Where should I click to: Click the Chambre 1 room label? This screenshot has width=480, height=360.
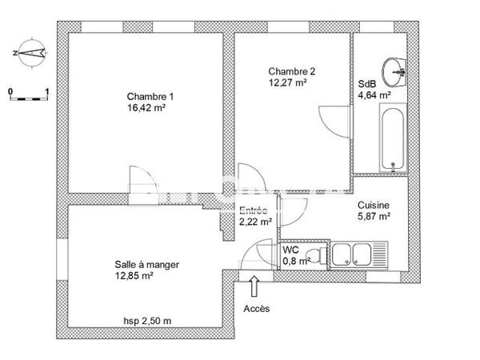[150, 97]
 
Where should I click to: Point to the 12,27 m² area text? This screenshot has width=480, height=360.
[288, 82]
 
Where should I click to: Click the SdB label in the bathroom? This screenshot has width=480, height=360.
[366, 83]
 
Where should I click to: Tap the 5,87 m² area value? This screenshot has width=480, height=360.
[373, 216]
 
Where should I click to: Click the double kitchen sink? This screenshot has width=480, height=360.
[356, 255]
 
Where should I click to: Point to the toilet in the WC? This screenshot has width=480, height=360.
[316, 255]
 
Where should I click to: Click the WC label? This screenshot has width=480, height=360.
[290, 250]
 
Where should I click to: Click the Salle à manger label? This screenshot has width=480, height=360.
[147, 265]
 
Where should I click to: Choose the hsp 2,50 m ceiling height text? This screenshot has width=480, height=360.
[148, 320]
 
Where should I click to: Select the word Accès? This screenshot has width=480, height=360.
[256, 308]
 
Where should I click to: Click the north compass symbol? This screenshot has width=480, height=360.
[29, 53]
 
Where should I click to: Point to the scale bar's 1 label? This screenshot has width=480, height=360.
[48, 92]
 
